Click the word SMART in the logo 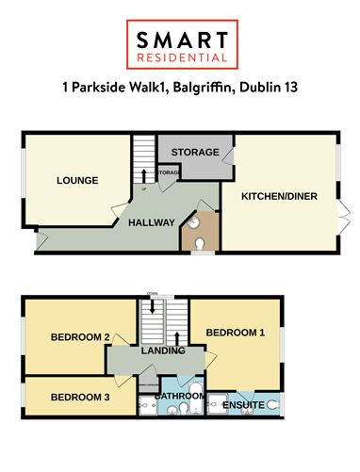coord(180,40)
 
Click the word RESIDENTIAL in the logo coord(180,57)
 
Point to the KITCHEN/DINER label coord(279,196)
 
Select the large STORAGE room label coord(194,152)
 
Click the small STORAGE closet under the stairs coord(169,174)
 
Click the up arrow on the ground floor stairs coord(143,175)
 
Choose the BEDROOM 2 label coord(81,336)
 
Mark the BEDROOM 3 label coord(79,398)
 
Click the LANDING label coord(162,352)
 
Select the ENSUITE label coord(242,405)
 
